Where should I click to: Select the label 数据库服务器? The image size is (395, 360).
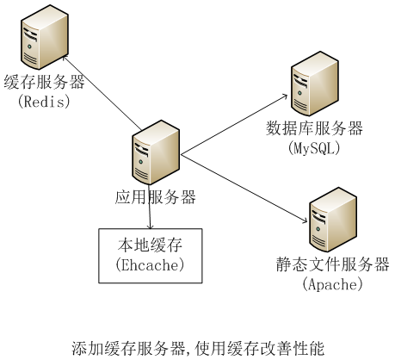pos(314,129)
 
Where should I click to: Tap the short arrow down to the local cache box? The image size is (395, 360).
pos(151,218)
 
